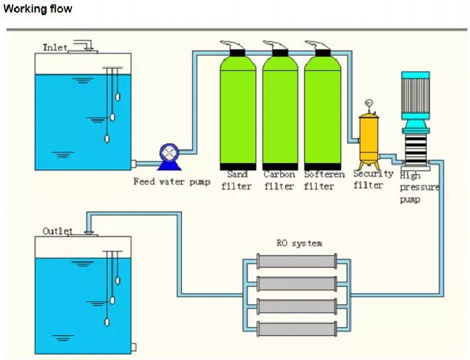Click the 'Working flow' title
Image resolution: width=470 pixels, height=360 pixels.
(38, 8)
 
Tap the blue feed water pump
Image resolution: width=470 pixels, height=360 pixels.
(169, 157)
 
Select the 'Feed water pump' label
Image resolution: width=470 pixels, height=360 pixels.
(172, 181)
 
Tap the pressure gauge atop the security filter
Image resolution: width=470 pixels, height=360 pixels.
(369, 103)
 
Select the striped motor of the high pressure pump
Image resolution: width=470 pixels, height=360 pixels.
(415, 94)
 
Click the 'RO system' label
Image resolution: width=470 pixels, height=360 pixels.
(300, 243)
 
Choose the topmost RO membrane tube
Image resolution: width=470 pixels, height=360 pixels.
(297, 262)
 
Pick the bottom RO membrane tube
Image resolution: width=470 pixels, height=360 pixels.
(297, 329)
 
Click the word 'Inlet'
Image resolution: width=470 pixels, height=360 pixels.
(55, 48)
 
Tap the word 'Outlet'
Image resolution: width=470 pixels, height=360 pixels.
(58, 231)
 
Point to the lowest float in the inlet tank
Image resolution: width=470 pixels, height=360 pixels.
(107, 139)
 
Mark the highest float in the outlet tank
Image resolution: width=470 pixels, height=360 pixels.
(118, 280)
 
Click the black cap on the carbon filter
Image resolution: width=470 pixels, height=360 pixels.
(280, 53)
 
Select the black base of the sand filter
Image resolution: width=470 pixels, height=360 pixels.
(238, 166)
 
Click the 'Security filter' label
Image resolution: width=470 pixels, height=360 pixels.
(373, 179)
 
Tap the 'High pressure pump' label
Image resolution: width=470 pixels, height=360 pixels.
(419, 188)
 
